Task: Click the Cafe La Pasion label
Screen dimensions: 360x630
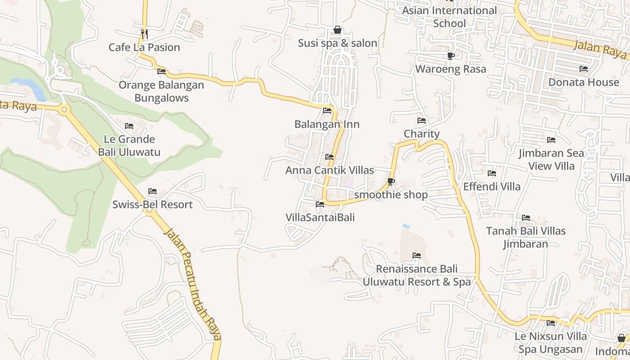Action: click(144, 47)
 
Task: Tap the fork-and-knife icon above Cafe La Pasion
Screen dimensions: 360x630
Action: click(144, 33)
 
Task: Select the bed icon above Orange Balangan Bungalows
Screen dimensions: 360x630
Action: click(162, 71)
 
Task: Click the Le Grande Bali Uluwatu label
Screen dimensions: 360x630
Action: click(129, 145)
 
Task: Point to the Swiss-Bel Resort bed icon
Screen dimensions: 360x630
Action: click(153, 191)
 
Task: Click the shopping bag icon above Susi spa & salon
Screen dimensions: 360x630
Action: click(337, 30)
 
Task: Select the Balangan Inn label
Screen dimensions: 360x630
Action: click(327, 124)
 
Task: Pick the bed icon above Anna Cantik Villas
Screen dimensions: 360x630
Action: click(329, 157)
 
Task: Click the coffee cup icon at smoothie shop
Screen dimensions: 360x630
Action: click(391, 182)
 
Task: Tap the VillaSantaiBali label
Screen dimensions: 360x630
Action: click(320, 217)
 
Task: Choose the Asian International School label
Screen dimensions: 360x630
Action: click(450, 17)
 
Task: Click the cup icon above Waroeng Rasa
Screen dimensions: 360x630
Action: click(450, 56)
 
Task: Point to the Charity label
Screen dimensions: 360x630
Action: click(421, 134)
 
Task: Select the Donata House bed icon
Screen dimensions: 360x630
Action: click(584, 69)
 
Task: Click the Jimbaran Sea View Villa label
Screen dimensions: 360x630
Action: click(551, 159)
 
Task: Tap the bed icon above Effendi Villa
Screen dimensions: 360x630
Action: click(492, 173)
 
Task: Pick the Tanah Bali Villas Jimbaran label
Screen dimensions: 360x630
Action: click(526, 237)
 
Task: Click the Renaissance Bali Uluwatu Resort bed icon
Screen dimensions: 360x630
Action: click(417, 256)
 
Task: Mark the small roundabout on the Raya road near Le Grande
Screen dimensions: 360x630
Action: click(64, 109)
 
